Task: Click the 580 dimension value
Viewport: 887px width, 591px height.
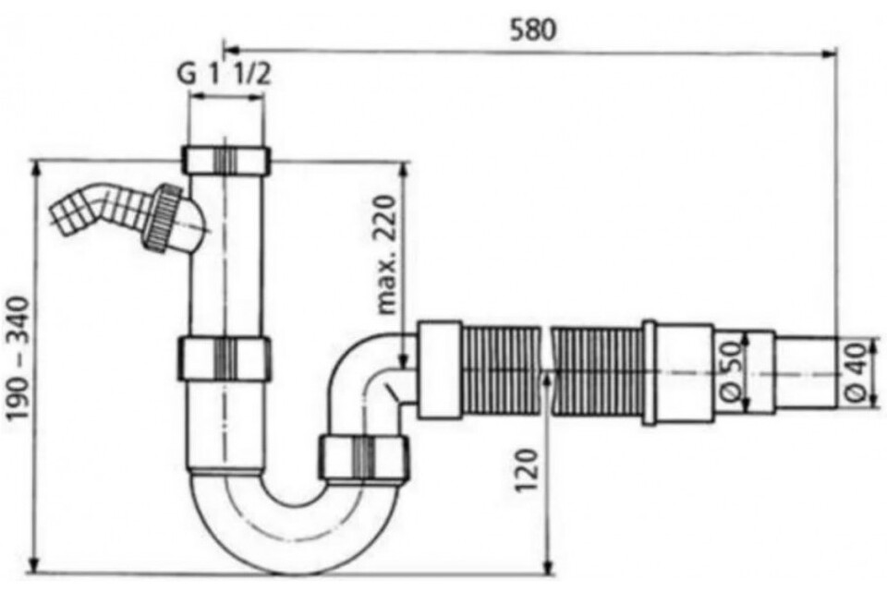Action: (533, 30)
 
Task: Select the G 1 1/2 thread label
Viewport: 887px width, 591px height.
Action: (224, 73)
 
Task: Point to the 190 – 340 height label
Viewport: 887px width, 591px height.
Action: (19, 358)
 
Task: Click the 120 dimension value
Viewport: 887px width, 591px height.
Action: (528, 471)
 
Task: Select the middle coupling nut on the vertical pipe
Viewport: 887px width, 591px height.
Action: (225, 358)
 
